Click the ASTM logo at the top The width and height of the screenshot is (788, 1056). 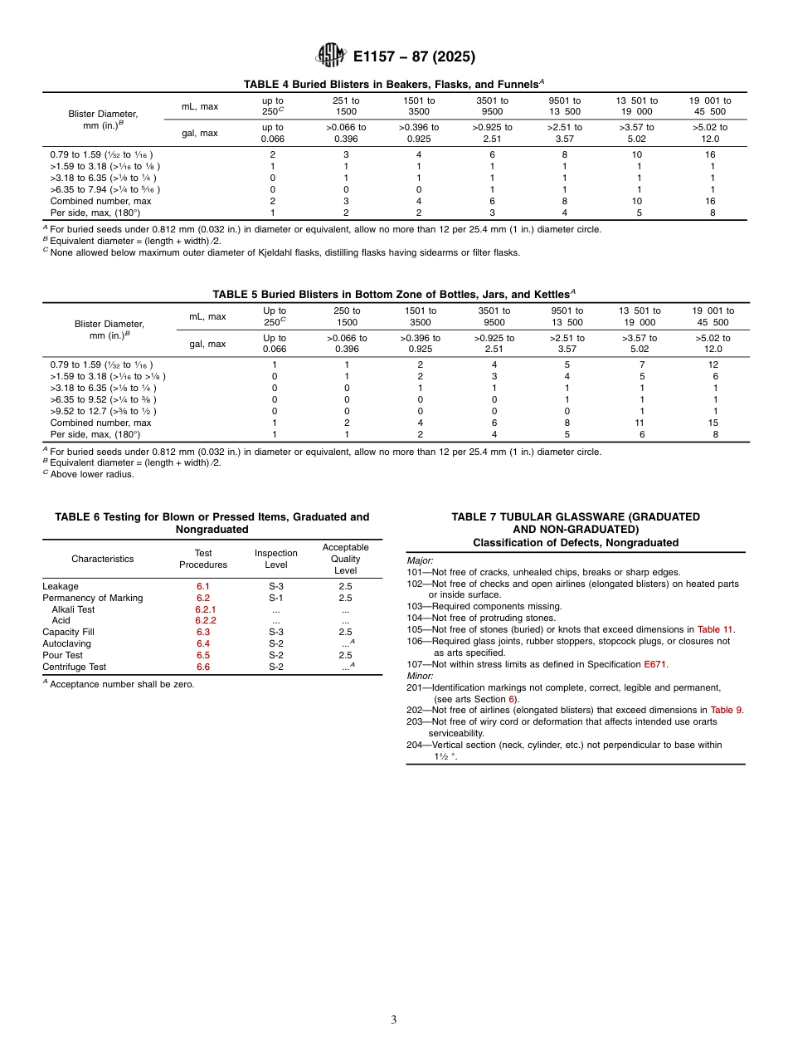pyautogui.click(x=332, y=56)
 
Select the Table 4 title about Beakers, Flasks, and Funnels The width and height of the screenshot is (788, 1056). pyautogui.click(x=394, y=84)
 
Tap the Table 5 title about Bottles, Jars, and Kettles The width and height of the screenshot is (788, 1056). pyautogui.click(x=394, y=294)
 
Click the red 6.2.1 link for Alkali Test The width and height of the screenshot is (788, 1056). pyautogui.click(x=205, y=609)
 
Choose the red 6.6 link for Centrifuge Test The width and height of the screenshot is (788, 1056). pyautogui.click(x=203, y=667)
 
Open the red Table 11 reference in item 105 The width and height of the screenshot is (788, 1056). pyautogui.click(x=715, y=629)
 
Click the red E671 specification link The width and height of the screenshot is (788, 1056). pyautogui.click(x=654, y=664)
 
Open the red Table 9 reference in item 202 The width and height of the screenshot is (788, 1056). pyautogui.click(x=727, y=710)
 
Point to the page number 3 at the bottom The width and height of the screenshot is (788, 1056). pyautogui.click(x=394, y=1019)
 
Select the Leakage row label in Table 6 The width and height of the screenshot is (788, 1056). pyautogui.click(x=61, y=586)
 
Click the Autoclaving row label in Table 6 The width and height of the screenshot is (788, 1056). pyautogui.click(x=66, y=643)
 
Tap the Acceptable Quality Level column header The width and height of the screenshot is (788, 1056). pyautogui.click(x=345, y=559)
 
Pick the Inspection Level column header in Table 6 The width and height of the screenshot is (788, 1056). pyautogui.click(x=275, y=559)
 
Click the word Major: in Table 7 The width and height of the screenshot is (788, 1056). pyautogui.click(x=420, y=560)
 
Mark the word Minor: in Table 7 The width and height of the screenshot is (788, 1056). pyautogui.click(x=420, y=676)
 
